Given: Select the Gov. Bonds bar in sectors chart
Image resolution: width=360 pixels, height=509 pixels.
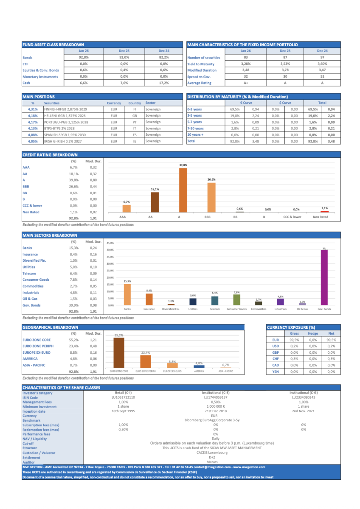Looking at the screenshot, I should point(324,277).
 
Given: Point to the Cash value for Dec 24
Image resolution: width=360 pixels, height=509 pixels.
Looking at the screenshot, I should point(163,83).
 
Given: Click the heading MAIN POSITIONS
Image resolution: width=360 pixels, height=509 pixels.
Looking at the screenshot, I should point(39,97).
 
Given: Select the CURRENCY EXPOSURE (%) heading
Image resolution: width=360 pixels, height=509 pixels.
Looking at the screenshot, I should point(291,327).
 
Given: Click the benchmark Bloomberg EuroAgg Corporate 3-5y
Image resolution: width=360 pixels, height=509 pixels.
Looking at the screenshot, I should point(212,420).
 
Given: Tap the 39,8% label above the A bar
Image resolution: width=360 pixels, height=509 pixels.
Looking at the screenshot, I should point(183,165).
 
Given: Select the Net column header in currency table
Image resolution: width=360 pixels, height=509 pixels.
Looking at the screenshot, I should point(331,333).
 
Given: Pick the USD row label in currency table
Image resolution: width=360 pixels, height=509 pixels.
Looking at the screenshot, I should point(275,346).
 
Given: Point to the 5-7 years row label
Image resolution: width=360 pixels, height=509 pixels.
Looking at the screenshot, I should point(194,122).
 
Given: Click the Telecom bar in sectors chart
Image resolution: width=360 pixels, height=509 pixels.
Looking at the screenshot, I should point(215,300).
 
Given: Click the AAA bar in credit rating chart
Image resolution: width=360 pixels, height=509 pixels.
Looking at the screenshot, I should point(126,209).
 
